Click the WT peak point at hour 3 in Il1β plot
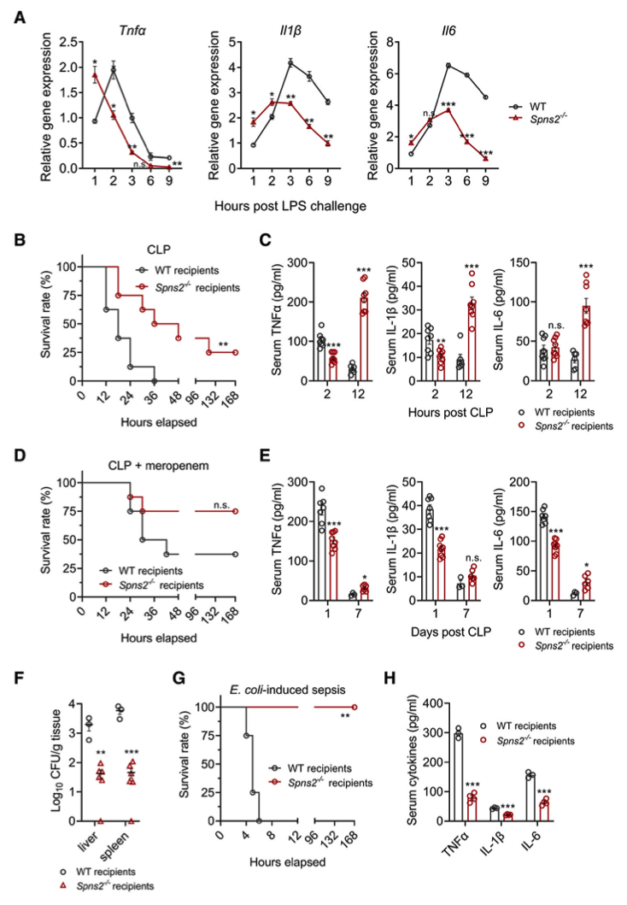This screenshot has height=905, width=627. coord(290,62)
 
